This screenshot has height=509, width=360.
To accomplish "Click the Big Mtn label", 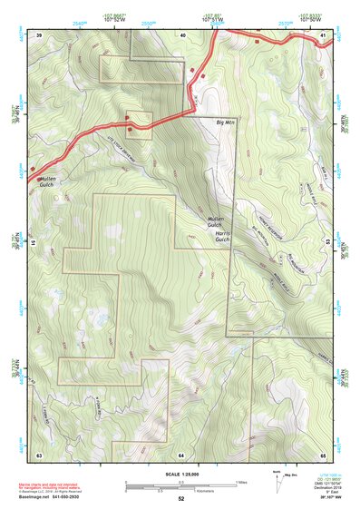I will click(225, 121).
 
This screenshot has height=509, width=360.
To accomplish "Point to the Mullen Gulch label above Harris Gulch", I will click(215, 221).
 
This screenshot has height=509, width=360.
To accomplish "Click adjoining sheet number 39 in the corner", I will click(39, 34).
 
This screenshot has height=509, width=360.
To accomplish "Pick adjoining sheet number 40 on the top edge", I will click(182, 34).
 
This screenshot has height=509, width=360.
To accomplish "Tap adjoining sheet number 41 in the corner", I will click(323, 34).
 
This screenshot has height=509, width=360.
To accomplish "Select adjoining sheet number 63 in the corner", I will click(39, 453).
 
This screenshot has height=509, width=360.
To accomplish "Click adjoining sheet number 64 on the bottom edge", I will click(181, 453).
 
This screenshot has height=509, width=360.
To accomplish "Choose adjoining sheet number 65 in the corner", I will click(323, 453).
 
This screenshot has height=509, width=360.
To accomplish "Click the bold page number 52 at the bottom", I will click(181, 499).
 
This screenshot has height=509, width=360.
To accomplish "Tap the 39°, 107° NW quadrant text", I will click(321, 498).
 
